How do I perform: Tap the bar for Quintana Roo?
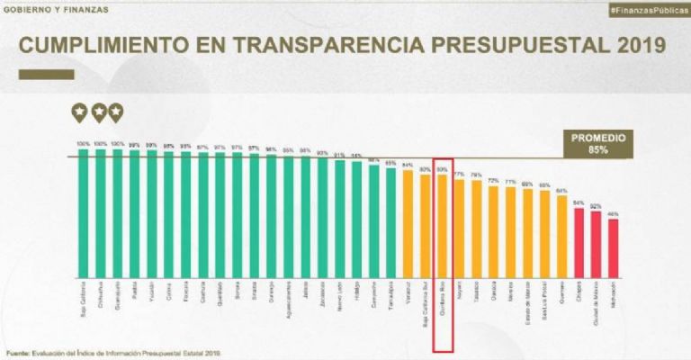(441, 225)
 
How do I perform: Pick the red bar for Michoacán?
(613, 247)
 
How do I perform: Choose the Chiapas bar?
(579, 242)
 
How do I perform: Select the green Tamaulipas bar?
(390, 221)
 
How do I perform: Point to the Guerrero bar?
(561, 236)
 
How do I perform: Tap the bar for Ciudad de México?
(596, 244)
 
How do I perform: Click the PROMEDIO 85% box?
(598, 143)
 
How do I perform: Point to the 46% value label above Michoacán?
(613, 214)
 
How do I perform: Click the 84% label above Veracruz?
(407, 166)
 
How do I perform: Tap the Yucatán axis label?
(151, 292)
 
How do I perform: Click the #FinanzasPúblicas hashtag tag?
(647, 9)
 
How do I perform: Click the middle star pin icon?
(98, 112)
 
